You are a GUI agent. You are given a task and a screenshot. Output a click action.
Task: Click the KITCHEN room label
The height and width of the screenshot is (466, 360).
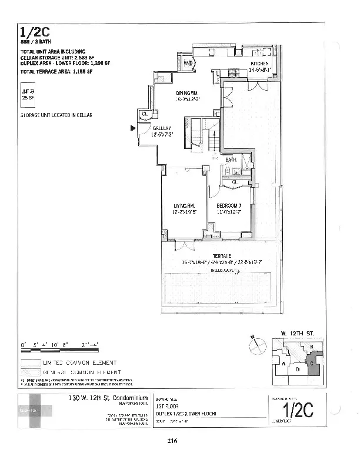tap(259, 64)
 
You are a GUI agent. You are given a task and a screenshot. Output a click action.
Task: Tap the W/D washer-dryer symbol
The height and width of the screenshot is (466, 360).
tap(189, 62)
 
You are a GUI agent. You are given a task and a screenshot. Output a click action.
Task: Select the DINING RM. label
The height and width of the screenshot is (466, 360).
tap(189, 92)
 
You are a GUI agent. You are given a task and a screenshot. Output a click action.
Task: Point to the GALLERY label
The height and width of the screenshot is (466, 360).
tap(162, 128)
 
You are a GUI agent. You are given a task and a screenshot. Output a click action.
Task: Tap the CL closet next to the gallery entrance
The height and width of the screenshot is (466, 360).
tap(144, 114)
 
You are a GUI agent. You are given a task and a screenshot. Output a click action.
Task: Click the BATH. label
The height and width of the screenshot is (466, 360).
tap(231, 159)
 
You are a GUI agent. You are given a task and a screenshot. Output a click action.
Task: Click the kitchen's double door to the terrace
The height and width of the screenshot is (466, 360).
tap(256, 86)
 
